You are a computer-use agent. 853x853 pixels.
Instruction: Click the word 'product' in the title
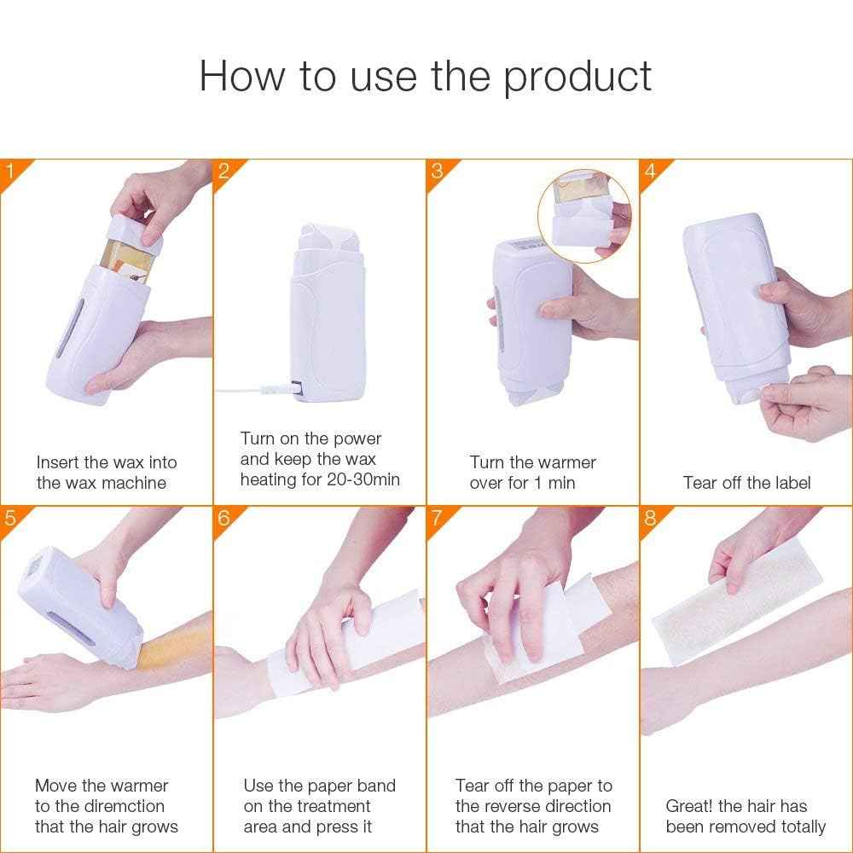(577, 77)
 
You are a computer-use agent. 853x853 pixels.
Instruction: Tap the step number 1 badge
(10, 170)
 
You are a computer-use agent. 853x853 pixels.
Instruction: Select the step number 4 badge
(651, 170)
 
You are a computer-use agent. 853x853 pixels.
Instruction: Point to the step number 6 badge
(224, 518)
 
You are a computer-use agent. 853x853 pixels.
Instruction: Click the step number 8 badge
(651, 518)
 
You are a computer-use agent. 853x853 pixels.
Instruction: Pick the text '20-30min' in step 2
(363, 479)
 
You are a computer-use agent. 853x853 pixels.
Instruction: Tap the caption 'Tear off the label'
(746, 483)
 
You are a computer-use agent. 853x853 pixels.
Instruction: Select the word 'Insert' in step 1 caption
(59, 462)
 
